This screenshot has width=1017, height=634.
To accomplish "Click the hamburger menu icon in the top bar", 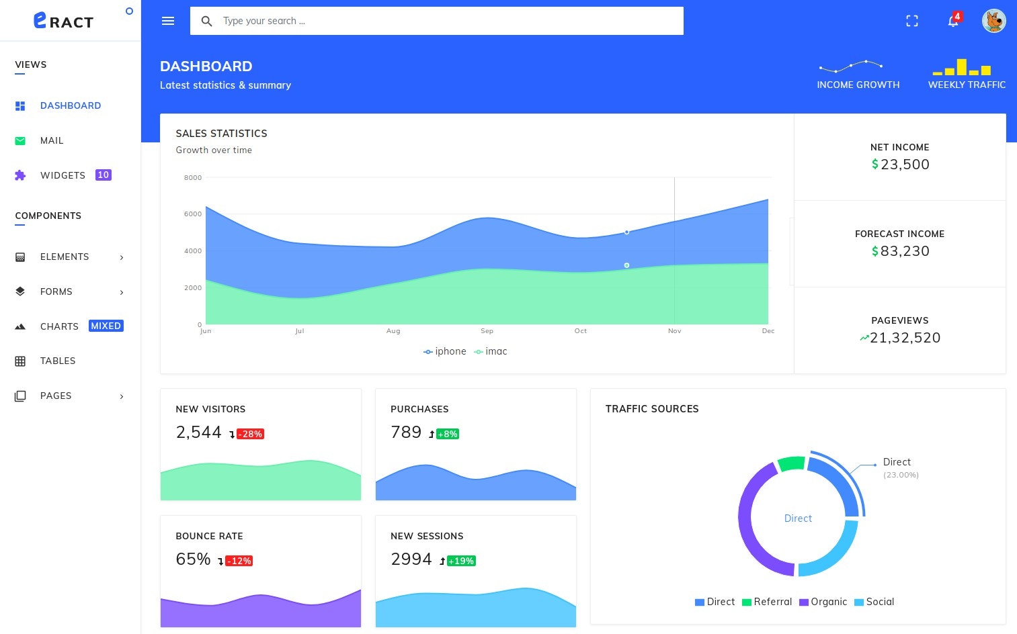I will point(168,21).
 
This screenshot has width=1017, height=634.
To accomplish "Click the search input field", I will point(437,21).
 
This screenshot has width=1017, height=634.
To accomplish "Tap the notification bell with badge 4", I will point(953,21).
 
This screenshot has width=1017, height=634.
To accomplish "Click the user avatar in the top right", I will point(993,21).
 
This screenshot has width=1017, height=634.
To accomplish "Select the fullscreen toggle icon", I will point(911,21).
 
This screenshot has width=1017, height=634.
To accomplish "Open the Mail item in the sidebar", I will point(52,140).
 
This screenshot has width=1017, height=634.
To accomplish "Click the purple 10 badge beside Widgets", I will point(103,175).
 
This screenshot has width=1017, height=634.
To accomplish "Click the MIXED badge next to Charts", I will point(106,326).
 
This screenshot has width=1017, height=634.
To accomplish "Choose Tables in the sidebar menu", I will point(58,361).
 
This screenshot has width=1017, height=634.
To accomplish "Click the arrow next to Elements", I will point(122,257).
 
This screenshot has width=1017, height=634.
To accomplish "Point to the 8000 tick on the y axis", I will point(193,178).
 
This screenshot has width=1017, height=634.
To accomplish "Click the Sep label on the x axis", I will point(487,331).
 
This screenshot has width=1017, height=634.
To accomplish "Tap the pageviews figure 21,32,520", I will point(904,338).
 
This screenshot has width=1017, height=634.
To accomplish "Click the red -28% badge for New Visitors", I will point(250,435).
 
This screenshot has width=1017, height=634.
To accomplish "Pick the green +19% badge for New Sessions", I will point(460,561).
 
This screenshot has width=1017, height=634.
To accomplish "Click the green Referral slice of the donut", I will point(791,463).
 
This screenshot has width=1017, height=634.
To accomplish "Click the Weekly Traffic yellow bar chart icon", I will point(962,67).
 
